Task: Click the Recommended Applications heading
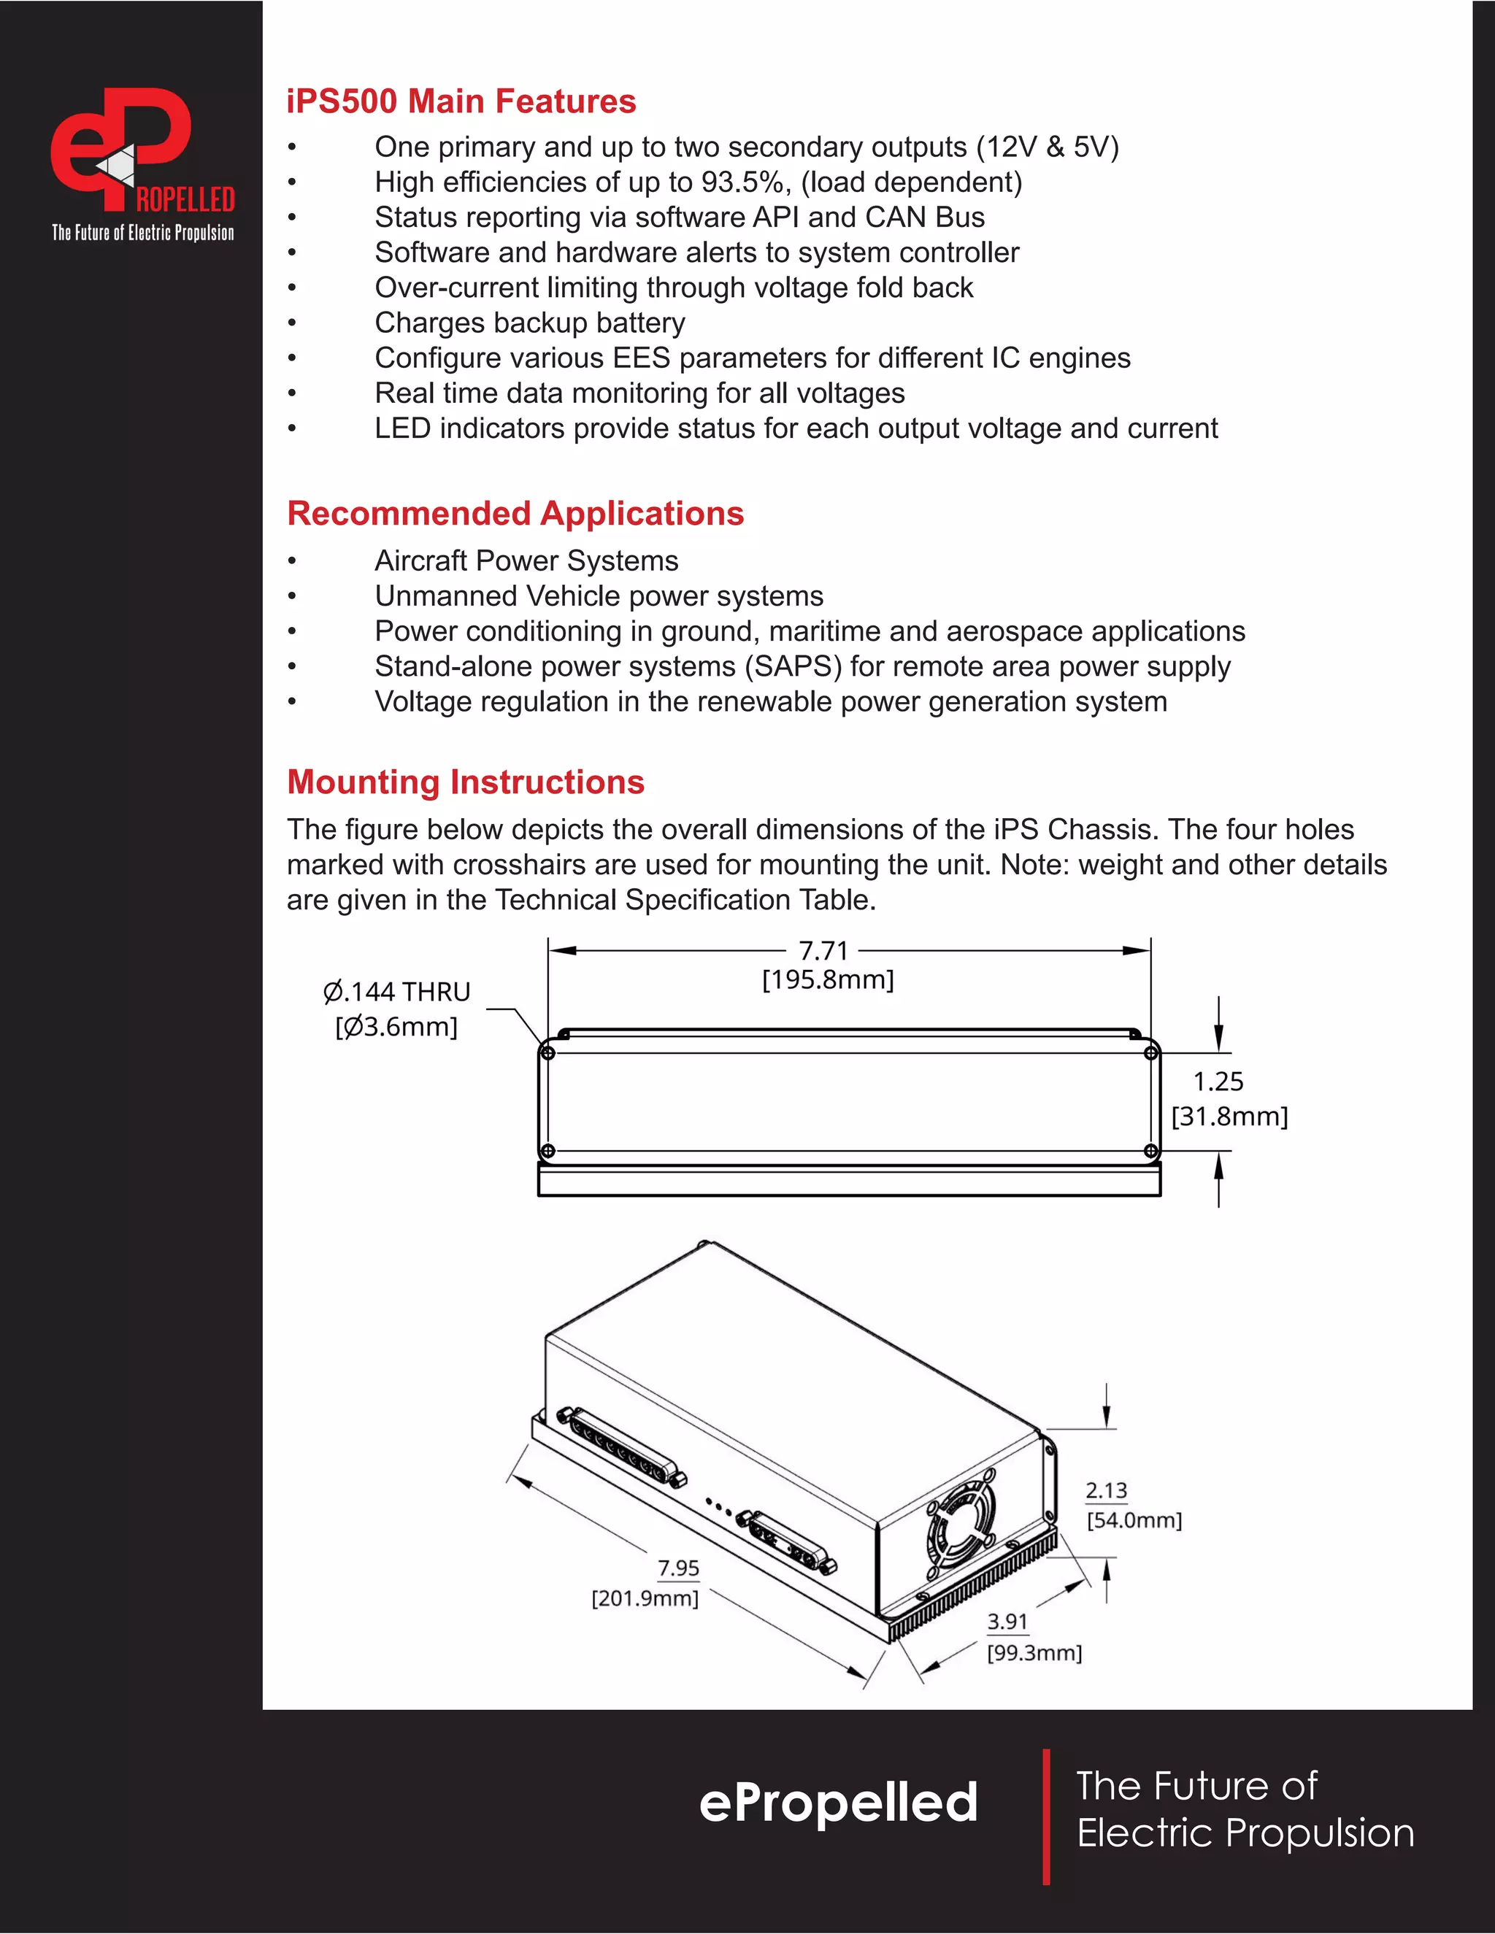(515, 514)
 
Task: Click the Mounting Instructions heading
(466, 782)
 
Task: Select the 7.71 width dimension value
(823, 951)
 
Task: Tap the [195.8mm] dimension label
(828, 979)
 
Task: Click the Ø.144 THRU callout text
(397, 992)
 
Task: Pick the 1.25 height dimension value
(1218, 1082)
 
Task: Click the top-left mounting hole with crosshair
(547, 1053)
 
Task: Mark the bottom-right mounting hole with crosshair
(1150, 1151)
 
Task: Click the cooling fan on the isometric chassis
(961, 1525)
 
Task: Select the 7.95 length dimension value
(678, 1568)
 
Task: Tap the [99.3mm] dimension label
(1034, 1652)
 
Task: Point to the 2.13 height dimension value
(1106, 1491)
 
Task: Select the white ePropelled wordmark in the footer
(838, 1803)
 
